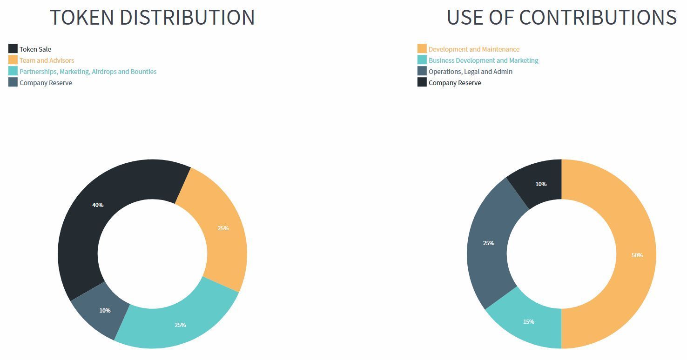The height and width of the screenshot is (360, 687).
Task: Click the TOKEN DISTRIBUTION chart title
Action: [152, 17]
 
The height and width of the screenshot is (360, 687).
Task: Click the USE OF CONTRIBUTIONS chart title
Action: [561, 17]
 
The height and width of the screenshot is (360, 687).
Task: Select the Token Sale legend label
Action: [35, 49]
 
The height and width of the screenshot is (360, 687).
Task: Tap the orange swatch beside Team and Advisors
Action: [13, 60]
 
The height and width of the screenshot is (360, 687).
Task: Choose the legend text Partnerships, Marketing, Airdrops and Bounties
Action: [88, 72]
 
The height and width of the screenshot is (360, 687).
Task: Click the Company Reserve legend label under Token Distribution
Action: [46, 83]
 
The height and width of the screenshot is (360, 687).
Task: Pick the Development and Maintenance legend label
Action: [474, 49]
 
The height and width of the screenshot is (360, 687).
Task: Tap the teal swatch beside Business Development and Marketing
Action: [422, 60]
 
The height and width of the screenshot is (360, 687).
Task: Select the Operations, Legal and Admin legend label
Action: [471, 72]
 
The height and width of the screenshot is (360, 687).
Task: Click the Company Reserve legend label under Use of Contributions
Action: [455, 83]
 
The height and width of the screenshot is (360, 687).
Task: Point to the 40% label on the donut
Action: [98, 205]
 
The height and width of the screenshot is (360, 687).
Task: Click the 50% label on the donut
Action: [637, 255]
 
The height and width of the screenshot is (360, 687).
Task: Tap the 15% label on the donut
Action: [529, 322]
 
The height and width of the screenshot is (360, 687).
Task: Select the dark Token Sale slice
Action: [84, 233]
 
